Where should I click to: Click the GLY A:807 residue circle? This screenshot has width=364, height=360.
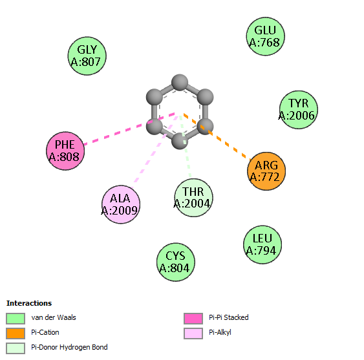[x=87, y=56]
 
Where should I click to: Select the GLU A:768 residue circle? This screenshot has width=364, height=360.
[x=265, y=36]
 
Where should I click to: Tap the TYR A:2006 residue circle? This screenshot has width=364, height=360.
[x=299, y=110]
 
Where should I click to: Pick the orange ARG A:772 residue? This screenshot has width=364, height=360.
[x=266, y=171]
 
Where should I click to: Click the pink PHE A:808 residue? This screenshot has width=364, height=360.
[x=65, y=151]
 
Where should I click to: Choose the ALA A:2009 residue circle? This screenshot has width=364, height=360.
[x=121, y=204]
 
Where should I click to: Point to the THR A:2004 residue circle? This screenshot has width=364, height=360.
[x=193, y=198]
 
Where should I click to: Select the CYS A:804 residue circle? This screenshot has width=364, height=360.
[x=176, y=262]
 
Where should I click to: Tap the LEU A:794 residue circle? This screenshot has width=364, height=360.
[x=262, y=245]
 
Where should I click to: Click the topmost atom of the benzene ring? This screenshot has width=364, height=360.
[x=180, y=82]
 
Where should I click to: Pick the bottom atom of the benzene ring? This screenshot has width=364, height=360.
[x=180, y=141]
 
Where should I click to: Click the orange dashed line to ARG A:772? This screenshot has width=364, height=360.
[x=217, y=136]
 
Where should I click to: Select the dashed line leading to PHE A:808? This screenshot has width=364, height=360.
[x=129, y=129]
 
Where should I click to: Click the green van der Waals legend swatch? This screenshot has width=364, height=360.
[x=16, y=319]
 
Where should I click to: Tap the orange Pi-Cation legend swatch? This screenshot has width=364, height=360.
[x=16, y=334]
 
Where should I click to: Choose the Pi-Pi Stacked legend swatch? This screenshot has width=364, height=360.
[x=193, y=319]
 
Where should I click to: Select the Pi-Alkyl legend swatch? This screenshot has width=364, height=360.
[x=193, y=334]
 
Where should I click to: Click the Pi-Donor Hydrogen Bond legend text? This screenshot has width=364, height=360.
[x=69, y=347]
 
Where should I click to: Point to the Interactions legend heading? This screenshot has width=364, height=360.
[x=29, y=303]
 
